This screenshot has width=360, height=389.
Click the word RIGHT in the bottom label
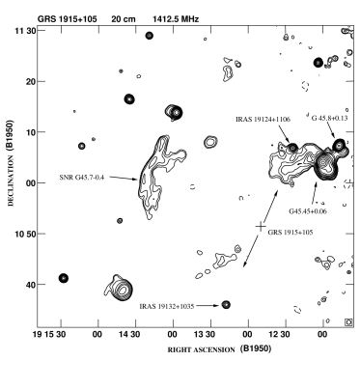[x=180, y=350]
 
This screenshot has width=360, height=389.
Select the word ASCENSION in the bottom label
[x=214, y=350]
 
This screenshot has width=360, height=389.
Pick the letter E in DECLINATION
[x=11, y=200]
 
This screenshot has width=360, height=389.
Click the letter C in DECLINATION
[x=11, y=195]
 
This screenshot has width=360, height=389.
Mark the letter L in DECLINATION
[x=11, y=190]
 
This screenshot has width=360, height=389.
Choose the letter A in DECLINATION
[x=11, y=177]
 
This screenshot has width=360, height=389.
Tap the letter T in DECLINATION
[x=11, y=172]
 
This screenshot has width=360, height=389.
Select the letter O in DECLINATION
[x=11, y=164]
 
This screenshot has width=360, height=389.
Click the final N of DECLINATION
[x=11, y=158]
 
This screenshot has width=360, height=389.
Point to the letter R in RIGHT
[x=170, y=350]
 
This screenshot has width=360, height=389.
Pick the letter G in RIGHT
[x=179, y=350]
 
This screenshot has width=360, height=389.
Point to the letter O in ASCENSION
[x=226, y=350]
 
